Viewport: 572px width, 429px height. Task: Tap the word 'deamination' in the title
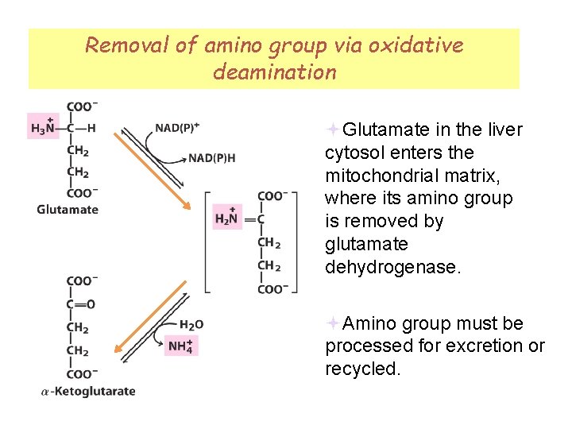[274, 72]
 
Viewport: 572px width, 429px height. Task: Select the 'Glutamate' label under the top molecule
[68, 210]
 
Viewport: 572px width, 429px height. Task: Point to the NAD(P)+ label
[177, 127]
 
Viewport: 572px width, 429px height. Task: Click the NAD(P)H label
[211, 158]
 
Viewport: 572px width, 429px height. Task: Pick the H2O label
[191, 324]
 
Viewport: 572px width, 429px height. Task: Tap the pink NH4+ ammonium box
[181, 346]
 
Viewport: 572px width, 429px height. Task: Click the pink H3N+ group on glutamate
[43, 126]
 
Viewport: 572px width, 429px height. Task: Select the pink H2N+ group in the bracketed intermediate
[227, 216]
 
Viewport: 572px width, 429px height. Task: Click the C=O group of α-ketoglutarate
[80, 303]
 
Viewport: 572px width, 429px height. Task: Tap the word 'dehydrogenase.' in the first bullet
[392, 267]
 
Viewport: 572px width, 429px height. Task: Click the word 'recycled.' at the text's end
[362, 369]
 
